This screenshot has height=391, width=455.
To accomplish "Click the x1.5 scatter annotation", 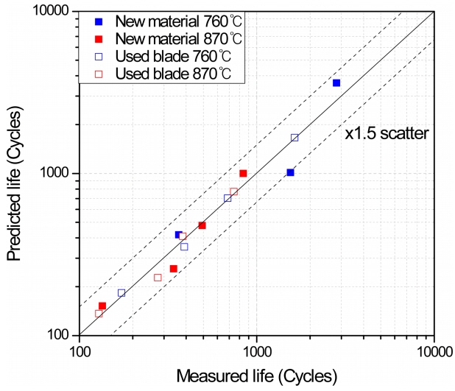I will (x=388, y=133).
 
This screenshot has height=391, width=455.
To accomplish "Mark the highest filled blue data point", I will (x=336, y=83).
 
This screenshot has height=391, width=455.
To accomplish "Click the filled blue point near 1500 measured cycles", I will (x=290, y=172).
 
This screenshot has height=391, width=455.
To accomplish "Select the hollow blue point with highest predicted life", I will (x=294, y=138).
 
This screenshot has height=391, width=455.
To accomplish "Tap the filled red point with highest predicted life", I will (x=243, y=174).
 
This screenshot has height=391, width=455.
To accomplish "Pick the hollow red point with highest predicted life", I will (x=233, y=192).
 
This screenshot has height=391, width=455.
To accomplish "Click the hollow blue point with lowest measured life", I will (x=121, y=293).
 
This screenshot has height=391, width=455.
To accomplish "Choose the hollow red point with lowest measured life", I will (x=99, y=314).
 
